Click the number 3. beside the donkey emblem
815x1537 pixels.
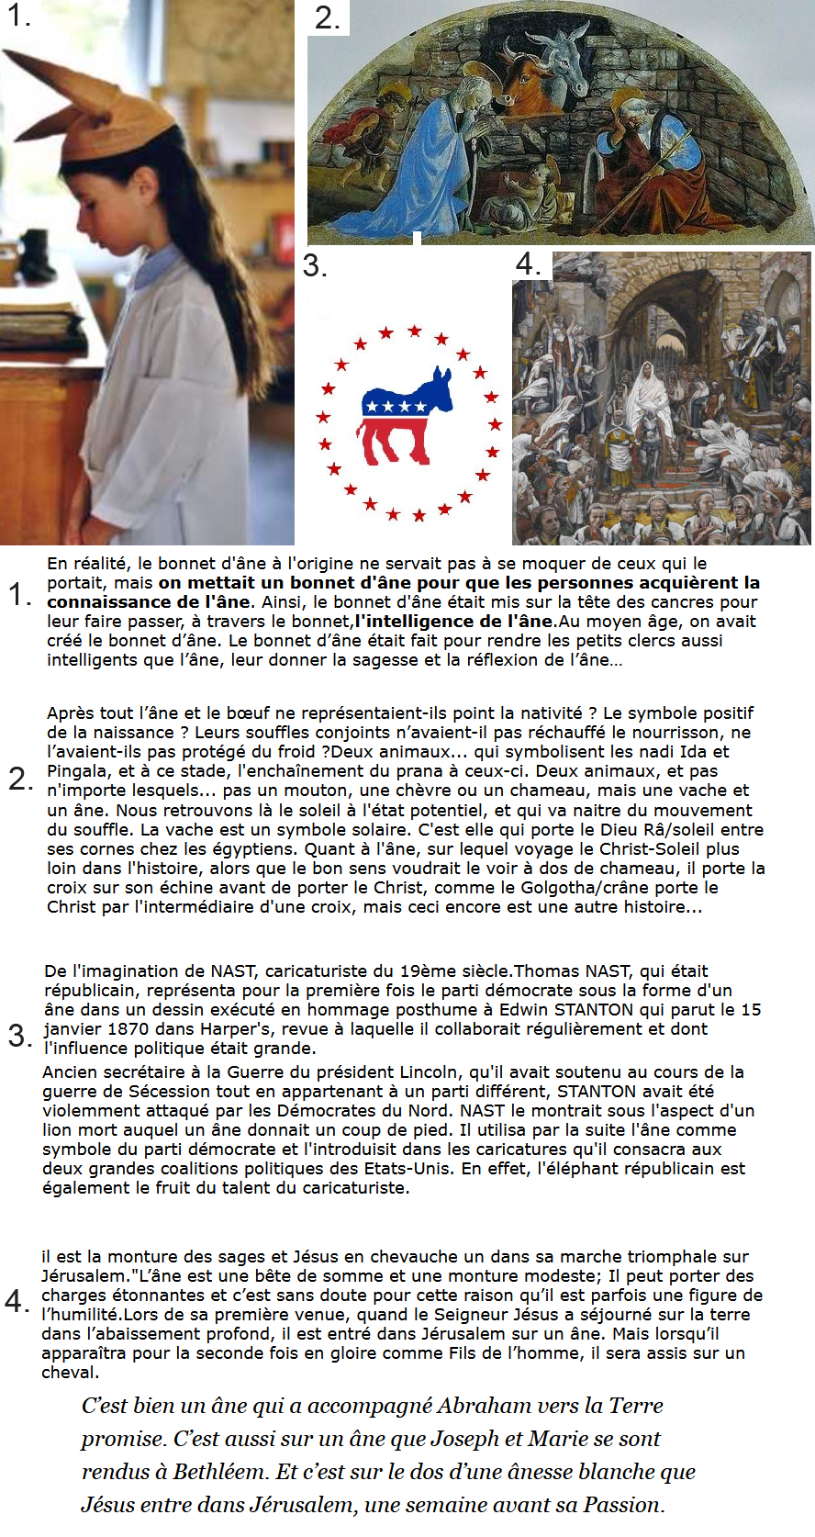(x=315, y=265)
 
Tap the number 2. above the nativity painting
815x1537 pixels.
(x=328, y=18)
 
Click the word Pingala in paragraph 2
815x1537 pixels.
(x=78, y=771)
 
